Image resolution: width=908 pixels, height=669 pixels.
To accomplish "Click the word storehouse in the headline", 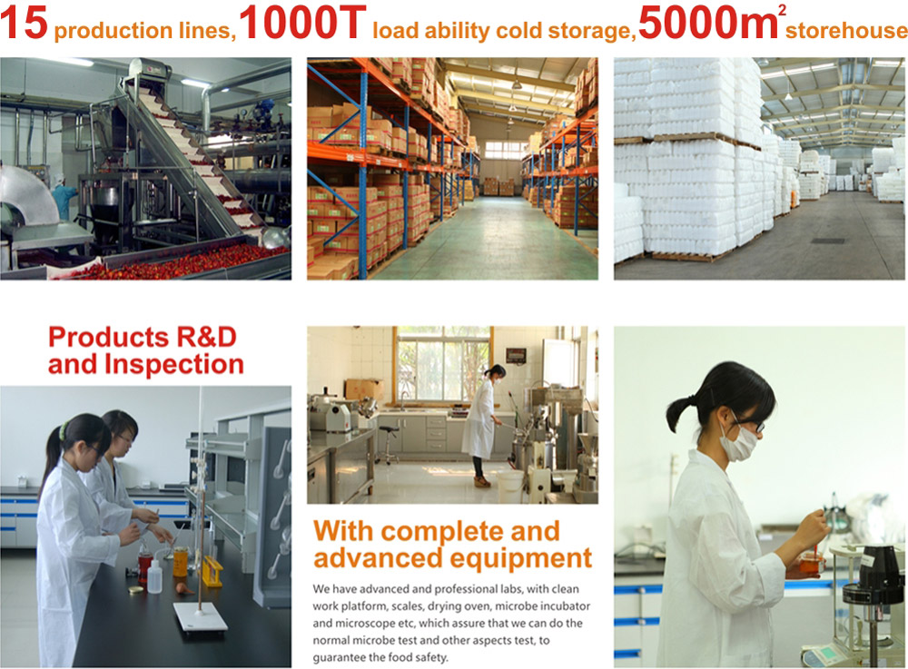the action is coord(846,30).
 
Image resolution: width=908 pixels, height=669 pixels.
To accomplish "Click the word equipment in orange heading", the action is coord(520,558).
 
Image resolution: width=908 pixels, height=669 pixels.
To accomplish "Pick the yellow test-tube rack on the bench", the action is coord(212,571).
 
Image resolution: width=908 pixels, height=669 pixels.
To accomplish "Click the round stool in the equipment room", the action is coord(388,445).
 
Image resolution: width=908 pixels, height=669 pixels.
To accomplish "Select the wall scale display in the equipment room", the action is coord(516,355).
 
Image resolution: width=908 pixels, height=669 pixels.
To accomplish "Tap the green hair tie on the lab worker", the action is coord(63,429).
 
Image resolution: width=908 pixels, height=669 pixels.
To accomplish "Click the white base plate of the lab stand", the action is coord(201,617).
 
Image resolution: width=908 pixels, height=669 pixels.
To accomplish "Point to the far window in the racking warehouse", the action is coord(505,150).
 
